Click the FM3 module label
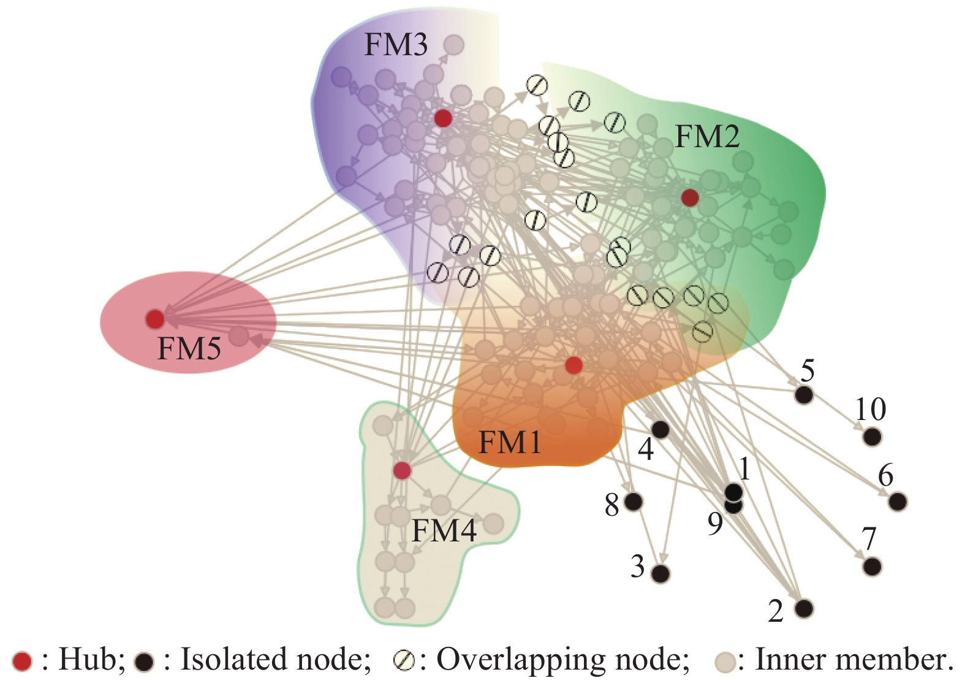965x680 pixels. point(396,45)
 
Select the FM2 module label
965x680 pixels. point(707,136)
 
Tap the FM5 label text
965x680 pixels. point(189,349)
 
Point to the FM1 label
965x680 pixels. point(510,442)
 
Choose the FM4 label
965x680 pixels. point(444,531)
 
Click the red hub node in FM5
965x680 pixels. point(155,319)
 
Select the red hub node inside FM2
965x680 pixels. point(690,197)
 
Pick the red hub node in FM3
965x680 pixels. point(443,118)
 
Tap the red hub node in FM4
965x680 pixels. point(401,471)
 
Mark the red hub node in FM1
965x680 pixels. point(573,365)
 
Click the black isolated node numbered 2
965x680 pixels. point(804,608)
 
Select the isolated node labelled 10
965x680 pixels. point(872,437)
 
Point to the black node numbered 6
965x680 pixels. point(898,502)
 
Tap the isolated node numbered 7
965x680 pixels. point(872,566)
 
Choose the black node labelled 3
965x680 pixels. point(660,573)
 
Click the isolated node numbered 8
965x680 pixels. point(634,502)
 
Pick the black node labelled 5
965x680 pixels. point(804,395)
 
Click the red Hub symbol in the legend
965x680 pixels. point(23,661)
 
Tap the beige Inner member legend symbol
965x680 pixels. point(725,662)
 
